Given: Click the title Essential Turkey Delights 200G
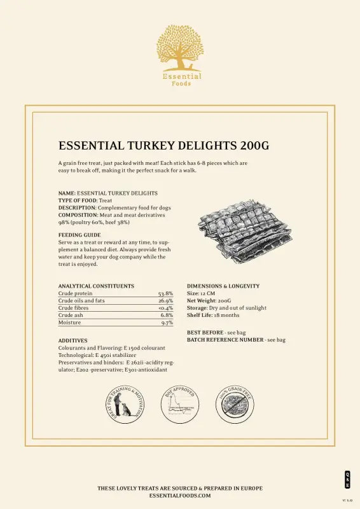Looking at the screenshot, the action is click(163, 146).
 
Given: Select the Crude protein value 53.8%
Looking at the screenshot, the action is click(165, 294).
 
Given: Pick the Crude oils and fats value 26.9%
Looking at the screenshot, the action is click(165, 301).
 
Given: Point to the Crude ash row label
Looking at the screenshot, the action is click(71, 315).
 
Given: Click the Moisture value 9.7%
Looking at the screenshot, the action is click(167, 323).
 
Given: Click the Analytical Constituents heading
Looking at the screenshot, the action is click(96, 286).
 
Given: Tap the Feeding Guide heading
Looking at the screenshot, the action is click(80, 235).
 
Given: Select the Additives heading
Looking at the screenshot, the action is click(73, 341).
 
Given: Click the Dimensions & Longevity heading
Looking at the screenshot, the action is click(223, 286).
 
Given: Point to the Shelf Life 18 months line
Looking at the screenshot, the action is click(213, 315).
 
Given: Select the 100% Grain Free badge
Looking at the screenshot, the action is click(237, 405).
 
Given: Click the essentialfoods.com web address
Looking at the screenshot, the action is click(180, 495).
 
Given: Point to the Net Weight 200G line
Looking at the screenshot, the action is click(209, 301).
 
